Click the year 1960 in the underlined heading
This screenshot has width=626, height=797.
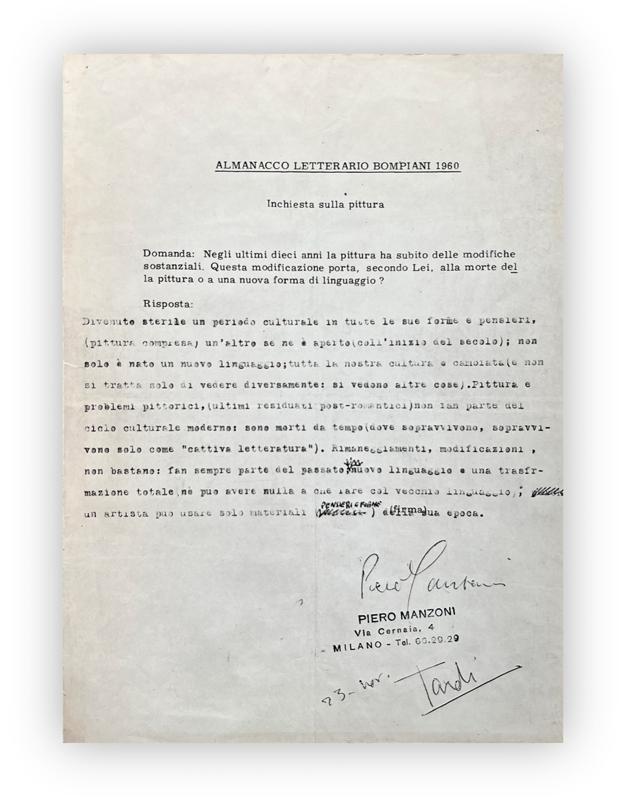click(x=448, y=166)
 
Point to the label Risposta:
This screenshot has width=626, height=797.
click(x=167, y=303)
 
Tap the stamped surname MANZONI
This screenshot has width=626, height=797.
click(x=429, y=616)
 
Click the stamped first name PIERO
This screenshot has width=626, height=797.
click(x=375, y=617)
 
